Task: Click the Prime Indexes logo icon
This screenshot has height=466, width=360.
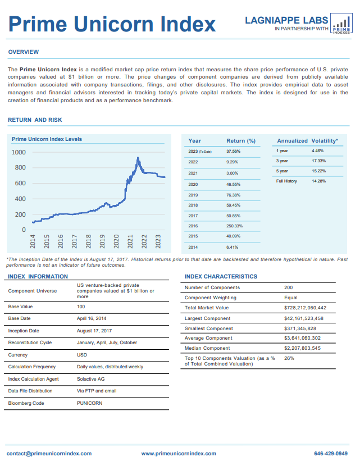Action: [341, 23]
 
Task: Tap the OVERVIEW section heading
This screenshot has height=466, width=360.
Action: [24, 52]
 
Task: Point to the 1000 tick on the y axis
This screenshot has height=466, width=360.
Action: [19, 153]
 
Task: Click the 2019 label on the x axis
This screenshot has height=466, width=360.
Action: [102, 241]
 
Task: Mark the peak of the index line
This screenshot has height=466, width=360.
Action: [138, 158]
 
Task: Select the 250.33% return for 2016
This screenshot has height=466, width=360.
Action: [235, 226]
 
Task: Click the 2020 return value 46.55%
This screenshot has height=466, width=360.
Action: [234, 185]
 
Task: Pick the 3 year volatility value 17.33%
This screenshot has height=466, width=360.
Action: [318, 161]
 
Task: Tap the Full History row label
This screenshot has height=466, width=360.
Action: [286, 181]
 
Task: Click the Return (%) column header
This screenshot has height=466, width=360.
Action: [241, 141]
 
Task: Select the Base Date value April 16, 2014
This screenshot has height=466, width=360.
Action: [92, 318]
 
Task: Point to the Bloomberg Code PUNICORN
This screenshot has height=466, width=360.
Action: [89, 403]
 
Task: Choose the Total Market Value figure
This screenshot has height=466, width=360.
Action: [306, 308]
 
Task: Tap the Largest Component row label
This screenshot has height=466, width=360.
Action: [207, 318]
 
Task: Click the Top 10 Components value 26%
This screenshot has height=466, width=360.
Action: [289, 358]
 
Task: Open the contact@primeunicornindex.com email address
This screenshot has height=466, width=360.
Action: [49, 454]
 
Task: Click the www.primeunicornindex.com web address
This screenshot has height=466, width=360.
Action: [179, 454]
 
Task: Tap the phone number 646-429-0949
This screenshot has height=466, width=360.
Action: [331, 454]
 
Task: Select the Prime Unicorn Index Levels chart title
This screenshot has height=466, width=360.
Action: [47, 139]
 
